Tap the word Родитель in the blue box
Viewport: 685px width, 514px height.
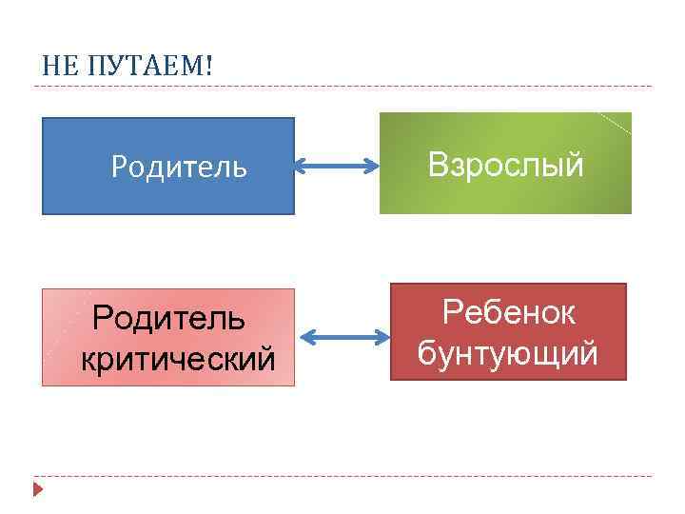179,168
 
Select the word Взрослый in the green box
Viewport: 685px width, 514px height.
505,165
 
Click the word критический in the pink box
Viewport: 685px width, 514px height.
178,359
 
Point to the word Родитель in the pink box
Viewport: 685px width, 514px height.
168,319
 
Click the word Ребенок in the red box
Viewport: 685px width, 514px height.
509,313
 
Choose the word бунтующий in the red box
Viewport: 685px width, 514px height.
508,353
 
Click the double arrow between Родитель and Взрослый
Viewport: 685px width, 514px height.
337,168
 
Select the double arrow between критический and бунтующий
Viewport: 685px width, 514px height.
344,337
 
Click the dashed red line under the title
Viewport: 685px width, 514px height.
342,87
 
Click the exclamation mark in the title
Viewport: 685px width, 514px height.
208,65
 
